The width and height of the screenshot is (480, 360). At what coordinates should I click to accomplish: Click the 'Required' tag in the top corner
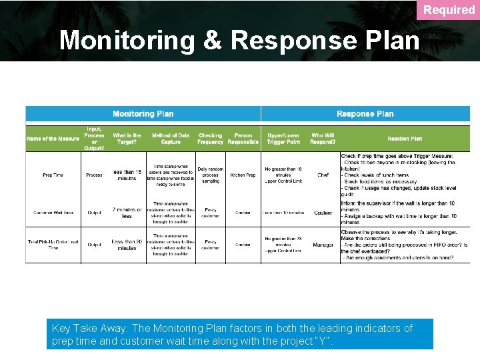click(x=449, y=10)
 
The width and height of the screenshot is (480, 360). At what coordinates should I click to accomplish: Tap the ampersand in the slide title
click(x=213, y=40)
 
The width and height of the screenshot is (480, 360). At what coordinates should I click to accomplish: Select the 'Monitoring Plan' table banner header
click(x=143, y=114)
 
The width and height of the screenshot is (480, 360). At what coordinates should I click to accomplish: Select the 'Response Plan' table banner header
click(x=365, y=114)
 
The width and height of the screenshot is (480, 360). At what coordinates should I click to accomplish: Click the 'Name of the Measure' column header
click(x=53, y=139)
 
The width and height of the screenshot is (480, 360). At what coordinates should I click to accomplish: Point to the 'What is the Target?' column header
click(x=127, y=139)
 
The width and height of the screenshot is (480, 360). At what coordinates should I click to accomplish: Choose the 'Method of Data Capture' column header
click(x=171, y=139)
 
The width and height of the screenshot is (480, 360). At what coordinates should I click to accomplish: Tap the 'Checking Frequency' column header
click(x=210, y=139)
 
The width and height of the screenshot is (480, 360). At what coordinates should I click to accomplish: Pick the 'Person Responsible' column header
click(x=243, y=139)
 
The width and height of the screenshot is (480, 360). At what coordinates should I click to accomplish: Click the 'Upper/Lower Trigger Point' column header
click(x=283, y=139)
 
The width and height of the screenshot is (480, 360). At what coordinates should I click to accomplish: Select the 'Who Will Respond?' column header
click(x=323, y=139)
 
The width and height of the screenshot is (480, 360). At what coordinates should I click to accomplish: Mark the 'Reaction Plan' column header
click(x=405, y=139)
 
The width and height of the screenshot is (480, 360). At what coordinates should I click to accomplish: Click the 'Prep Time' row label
click(x=53, y=175)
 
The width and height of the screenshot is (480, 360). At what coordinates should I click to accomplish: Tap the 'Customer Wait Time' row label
click(x=53, y=213)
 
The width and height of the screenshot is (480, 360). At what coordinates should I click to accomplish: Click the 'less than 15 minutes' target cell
click(x=127, y=175)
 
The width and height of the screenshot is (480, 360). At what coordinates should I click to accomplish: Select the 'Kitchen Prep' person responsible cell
click(x=243, y=175)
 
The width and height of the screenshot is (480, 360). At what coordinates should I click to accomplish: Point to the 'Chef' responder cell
click(x=323, y=175)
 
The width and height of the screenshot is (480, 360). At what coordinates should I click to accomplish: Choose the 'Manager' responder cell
click(x=323, y=245)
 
